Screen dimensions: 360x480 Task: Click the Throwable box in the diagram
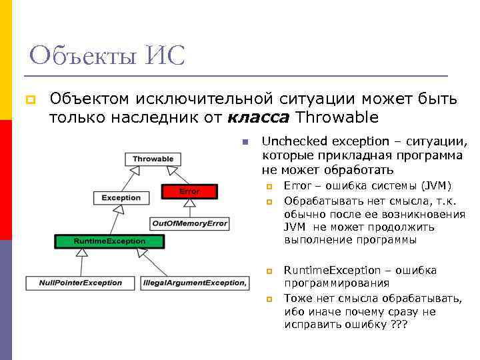click(x=153, y=159)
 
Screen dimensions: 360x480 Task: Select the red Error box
click(x=189, y=191)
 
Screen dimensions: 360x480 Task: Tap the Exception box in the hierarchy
click(x=121, y=197)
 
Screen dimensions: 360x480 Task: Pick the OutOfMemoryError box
click(x=189, y=223)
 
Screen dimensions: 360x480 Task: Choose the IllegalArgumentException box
click(x=195, y=283)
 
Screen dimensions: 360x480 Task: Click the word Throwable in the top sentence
click(x=337, y=118)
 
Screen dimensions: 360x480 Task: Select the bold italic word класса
click(x=258, y=118)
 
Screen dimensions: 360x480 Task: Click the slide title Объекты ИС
click(x=107, y=55)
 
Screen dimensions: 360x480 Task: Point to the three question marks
click(x=397, y=324)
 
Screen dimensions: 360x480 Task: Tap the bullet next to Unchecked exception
click(x=245, y=142)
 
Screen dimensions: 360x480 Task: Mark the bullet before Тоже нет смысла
click(x=270, y=299)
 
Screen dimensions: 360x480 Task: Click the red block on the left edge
click(x=6, y=180)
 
